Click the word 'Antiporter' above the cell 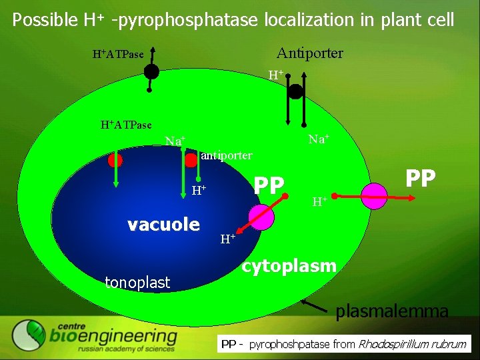point(309,53)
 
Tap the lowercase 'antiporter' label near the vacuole point(227,155)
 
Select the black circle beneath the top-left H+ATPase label point(152,71)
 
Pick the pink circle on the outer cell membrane point(375,196)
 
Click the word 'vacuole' point(163,224)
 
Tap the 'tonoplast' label point(137,283)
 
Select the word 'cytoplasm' point(289,267)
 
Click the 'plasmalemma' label point(392,311)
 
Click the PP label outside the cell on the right point(421,179)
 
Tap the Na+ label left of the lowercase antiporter point(175,141)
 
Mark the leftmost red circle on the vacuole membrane point(115,161)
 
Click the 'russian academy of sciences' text point(126,349)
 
